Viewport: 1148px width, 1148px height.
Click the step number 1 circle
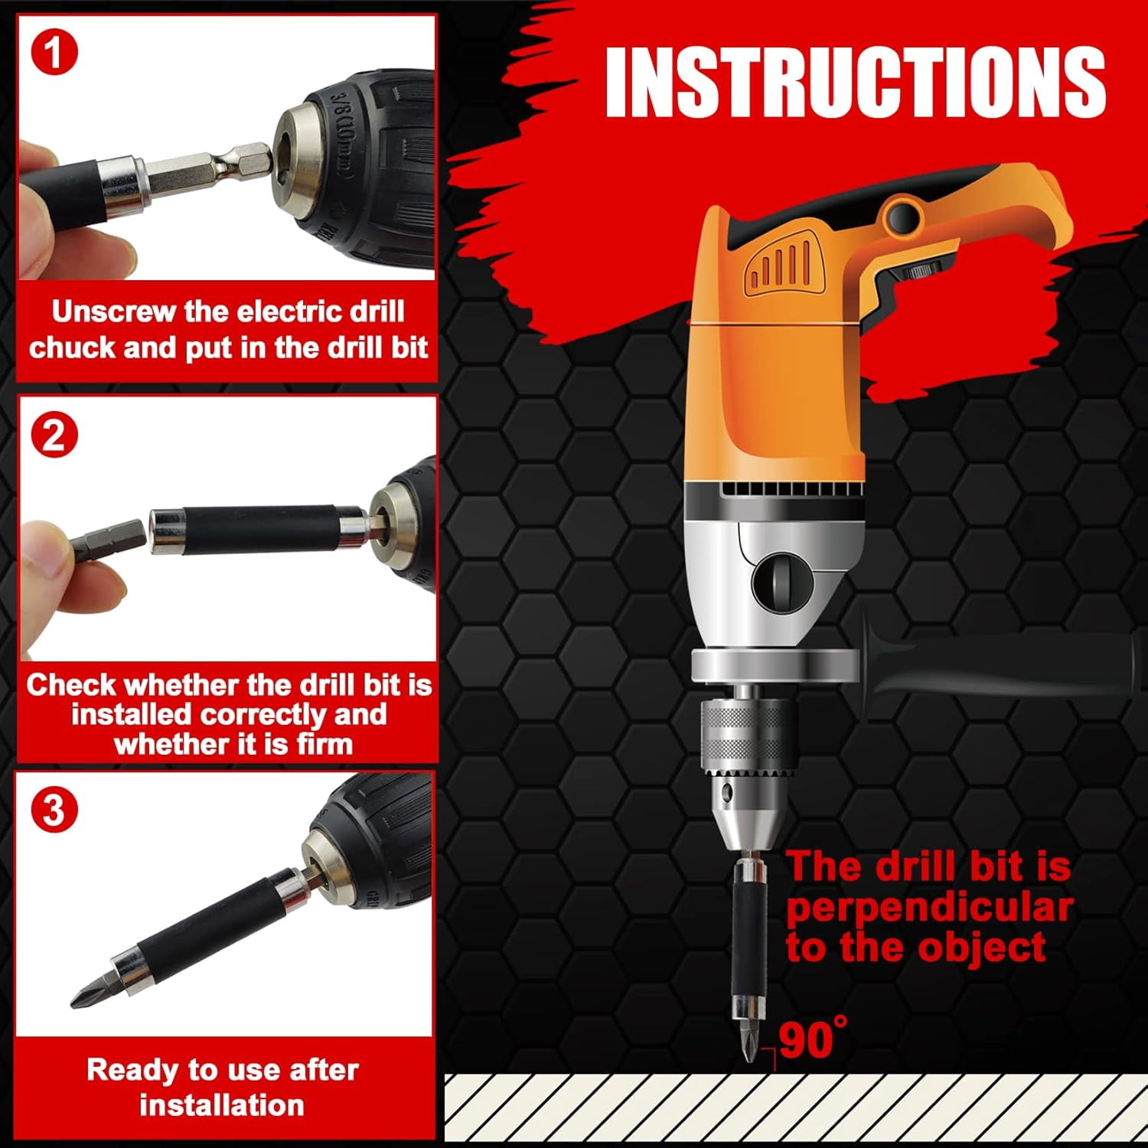coord(54,52)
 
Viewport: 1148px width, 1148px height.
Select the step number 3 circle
coord(54,809)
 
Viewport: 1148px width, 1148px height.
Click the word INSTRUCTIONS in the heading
coord(855,82)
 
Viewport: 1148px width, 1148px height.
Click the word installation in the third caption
coord(222,1105)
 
